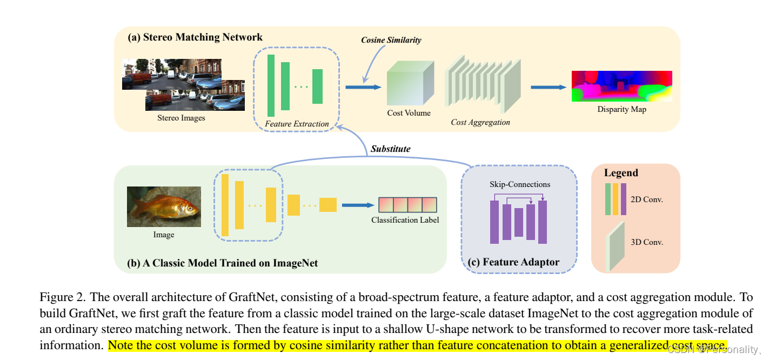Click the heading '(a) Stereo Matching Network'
195,37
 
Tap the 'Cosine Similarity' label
391,40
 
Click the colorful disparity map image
621,86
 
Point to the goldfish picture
164,206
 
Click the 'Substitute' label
390,148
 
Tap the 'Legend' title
621,173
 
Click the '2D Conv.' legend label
646,199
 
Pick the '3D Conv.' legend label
646,242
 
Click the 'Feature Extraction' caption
297,124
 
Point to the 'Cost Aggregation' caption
480,122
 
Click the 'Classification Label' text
405,220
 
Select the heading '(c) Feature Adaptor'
520,262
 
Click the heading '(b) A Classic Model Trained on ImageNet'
222,263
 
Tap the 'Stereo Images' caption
181,117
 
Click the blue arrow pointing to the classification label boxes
358,205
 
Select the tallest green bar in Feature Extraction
271,85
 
